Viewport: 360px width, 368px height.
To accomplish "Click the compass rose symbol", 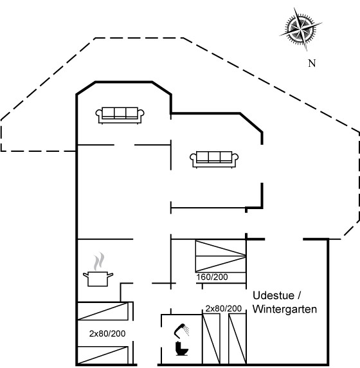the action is coord(300,29).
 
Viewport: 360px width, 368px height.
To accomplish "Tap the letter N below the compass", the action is coord(312,63).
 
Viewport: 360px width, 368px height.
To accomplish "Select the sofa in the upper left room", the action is coord(120,115).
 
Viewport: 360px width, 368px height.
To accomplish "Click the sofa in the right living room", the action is coord(214,160).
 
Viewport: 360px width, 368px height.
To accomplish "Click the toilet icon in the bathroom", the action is coord(182,349).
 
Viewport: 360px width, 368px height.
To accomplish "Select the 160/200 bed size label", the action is coord(212,277).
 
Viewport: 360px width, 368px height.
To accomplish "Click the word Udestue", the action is coord(273,295).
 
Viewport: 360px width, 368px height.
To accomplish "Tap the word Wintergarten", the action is coord(285,309).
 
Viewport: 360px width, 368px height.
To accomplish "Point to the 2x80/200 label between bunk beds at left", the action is coord(107,333).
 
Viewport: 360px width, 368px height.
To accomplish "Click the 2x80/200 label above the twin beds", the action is coord(224,308).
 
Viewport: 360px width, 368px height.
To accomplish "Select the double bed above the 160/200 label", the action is coord(221,256).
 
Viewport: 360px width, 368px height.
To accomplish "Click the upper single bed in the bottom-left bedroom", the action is coord(103,311).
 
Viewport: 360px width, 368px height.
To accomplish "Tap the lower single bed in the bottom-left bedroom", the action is coord(103,355).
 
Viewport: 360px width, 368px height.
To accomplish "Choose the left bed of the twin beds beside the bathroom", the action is coord(211,338).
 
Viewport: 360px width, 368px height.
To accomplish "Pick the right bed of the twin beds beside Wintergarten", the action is coord(237,338).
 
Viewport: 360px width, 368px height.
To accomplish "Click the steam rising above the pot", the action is coord(99,261).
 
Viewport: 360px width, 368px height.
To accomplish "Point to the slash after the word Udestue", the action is coord(299,295).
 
